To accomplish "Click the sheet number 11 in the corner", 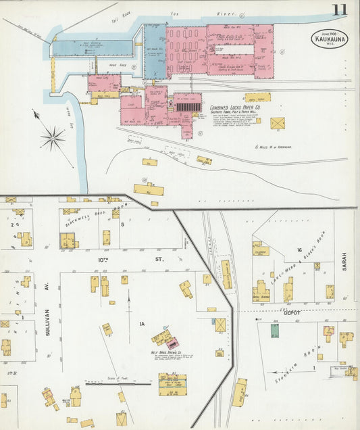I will tap(340, 9).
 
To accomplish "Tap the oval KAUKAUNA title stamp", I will tap(329, 39).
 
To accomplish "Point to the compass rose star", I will tap(52, 138).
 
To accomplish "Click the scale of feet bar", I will tap(118, 384).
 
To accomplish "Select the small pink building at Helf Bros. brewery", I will tap(172, 343).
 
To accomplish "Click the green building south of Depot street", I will tap(274, 331).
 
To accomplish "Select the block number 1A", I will tap(142, 324).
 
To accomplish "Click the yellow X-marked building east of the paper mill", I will tap(277, 123).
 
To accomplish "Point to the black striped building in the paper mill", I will tap(188, 106).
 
